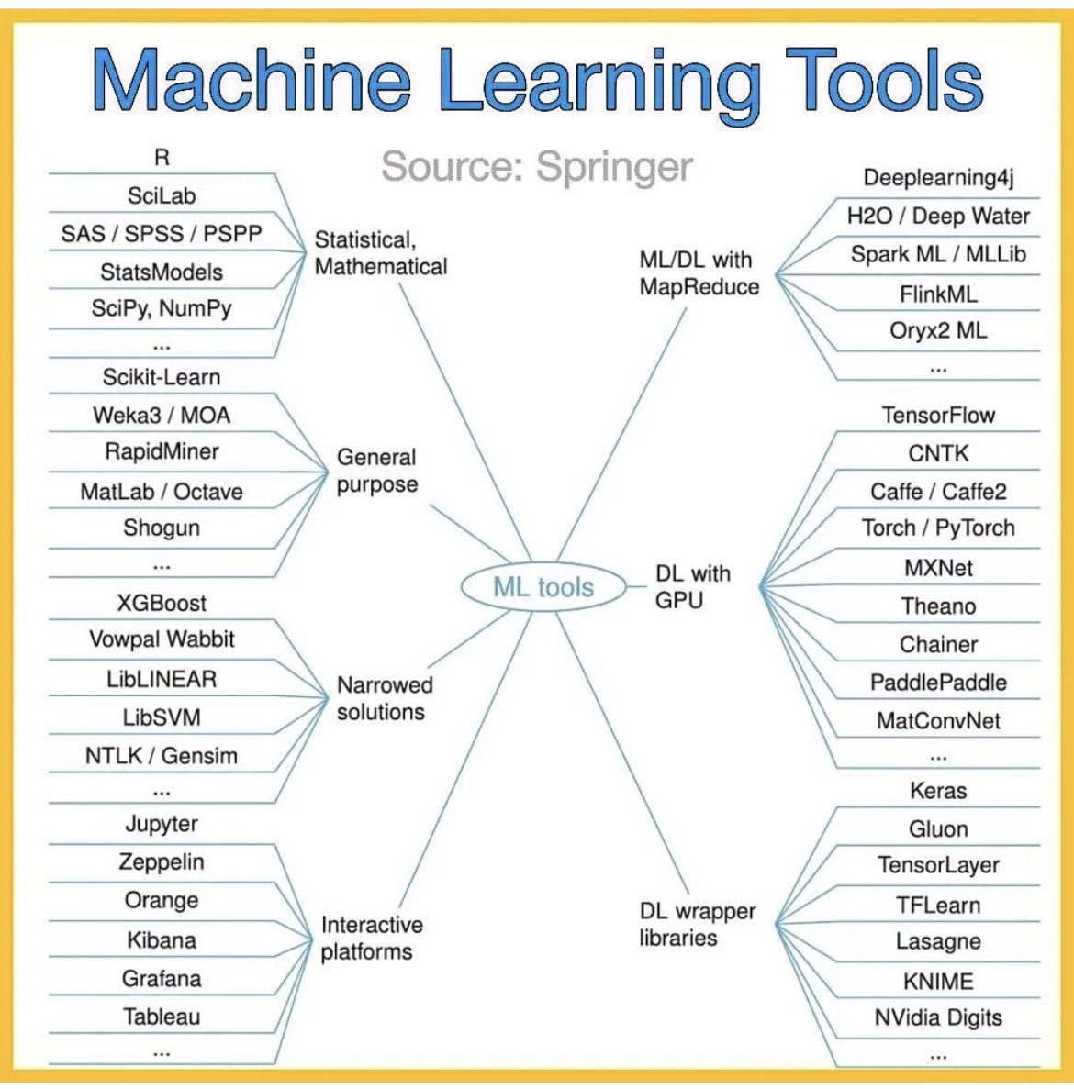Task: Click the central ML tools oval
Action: pyautogui.click(x=543, y=587)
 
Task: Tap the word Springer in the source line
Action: pyautogui.click(x=614, y=167)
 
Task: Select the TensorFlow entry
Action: pyautogui.click(x=938, y=416)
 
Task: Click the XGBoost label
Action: pyautogui.click(x=162, y=603)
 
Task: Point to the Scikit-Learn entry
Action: pyautogui.click(x=162, y=377)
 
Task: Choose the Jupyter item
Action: pyautogui.click(x=162, y=824)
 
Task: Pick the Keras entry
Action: pyautogui.click(x=938, y=791)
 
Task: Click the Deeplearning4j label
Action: pyautogui.click(x=938, y=178)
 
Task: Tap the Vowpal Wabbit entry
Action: pyautogui.click(x=162, y=639)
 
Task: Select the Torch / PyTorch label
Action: pyautogui.click(x=938, y=528)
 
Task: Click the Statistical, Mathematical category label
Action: pyautogui.click(x=380, y=253)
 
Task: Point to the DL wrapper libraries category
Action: pyautogui.click(x=697, y=924)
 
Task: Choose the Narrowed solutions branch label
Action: pyautogui.click(x=384, y=698)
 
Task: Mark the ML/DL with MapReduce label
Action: pyautogui.click(x=699, y=273)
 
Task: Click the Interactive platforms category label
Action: pyautogui.click(x=371, y=938)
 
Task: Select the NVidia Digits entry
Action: pyautogui.click(x=938, y=1017)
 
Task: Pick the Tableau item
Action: pyautogui.click(x=162, y=1017)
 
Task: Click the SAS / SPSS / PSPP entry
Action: pyautogui.click(x=162, y=234)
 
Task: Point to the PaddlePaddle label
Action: pyautogui.click(x=938, y=683)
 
